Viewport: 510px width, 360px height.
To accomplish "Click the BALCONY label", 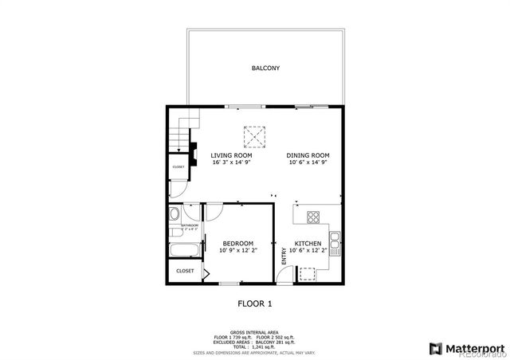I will point(265,68).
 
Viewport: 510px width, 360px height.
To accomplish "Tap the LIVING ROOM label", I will point(231,155).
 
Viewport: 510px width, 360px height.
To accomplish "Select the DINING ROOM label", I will point(308,155).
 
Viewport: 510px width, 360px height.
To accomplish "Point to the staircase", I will point(182,129).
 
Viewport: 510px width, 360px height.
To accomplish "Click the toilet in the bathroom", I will point(174,214).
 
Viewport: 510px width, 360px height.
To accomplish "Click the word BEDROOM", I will point(237,243).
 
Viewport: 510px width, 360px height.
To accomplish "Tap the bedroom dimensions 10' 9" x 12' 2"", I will point(237,250).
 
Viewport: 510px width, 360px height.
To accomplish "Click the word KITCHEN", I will point(308,243).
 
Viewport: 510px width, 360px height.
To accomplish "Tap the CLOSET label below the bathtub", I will point(185,271).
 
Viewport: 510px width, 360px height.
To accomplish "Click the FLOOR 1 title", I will point(255,303).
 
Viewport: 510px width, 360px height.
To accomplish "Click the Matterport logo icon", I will point(435,348).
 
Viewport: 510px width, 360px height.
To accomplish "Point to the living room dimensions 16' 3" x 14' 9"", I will point(231,162).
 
